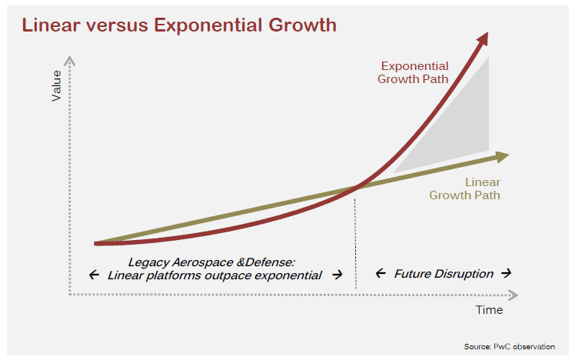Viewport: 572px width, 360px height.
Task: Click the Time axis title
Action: [488, 310]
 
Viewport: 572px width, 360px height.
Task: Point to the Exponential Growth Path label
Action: [414, 72]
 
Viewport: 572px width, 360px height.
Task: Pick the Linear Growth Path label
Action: [465, 188]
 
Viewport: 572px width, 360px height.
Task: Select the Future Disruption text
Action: [443, 273]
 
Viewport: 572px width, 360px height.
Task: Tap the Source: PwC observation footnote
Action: [509, 346]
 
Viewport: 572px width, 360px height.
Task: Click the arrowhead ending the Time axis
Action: [512, 293]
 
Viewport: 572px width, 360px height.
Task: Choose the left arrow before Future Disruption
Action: [380, 274]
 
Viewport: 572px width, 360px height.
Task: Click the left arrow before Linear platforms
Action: [94, 275]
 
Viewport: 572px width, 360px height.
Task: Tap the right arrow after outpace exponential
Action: [336, 275]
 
